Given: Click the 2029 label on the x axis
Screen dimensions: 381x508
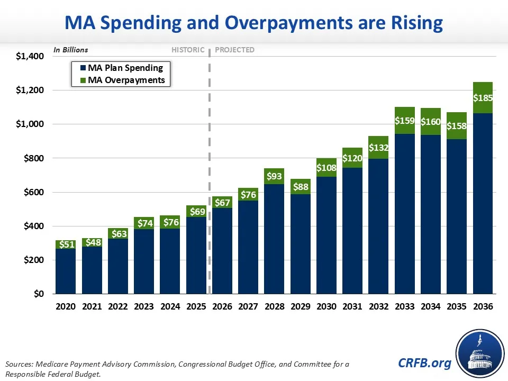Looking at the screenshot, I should pos(301,306).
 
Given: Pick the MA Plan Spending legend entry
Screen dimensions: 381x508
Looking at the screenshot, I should pos(125,68).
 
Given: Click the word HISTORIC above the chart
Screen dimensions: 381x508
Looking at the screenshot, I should pos(187,50).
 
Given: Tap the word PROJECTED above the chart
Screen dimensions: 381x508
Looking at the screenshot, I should pos(235,50).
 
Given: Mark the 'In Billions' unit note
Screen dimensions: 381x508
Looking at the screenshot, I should pos(70,50).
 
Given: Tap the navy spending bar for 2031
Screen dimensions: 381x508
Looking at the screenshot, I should pos(353,230).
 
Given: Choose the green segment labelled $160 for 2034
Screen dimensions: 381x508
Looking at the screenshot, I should pos(431,122).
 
